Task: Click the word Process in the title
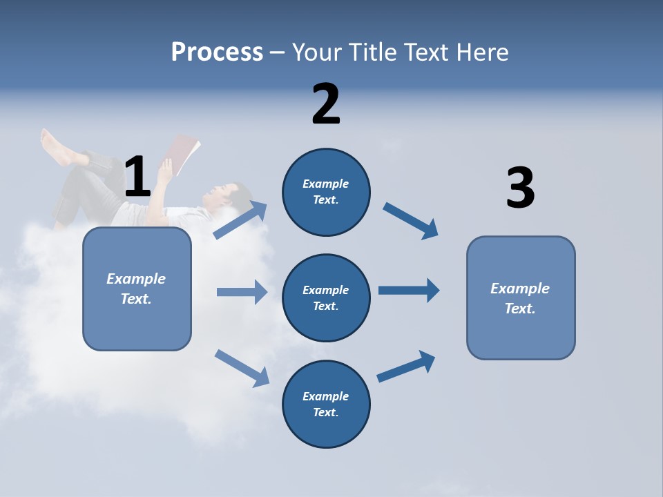tap(217, 52)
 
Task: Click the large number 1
tap(137, 177)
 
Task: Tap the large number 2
tap(326, 104)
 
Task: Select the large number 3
tap(520, 188)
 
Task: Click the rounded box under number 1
tap(137, 289)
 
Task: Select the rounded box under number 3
tap(521, 298)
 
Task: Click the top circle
tap(326, 192)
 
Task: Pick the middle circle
tap(326, 298)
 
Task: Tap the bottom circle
tap(326, 404)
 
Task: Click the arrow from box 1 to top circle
tap(240, 220)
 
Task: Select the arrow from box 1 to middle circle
tap(242, 292)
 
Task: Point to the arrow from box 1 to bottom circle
tap(242, 367)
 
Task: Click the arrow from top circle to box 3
tap(411, 220)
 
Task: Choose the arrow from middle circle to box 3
tap(408, 291)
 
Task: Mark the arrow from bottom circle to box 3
tap(406, 366)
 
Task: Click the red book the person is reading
tap(184, 154)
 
